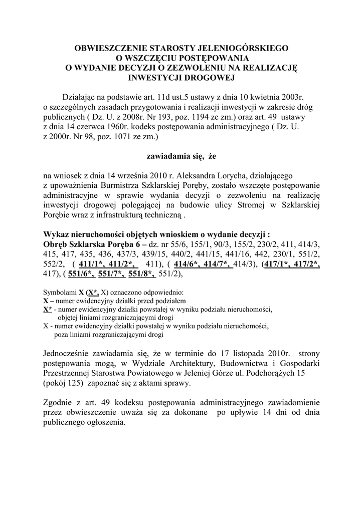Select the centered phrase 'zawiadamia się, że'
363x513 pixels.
(x=181, y=156)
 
